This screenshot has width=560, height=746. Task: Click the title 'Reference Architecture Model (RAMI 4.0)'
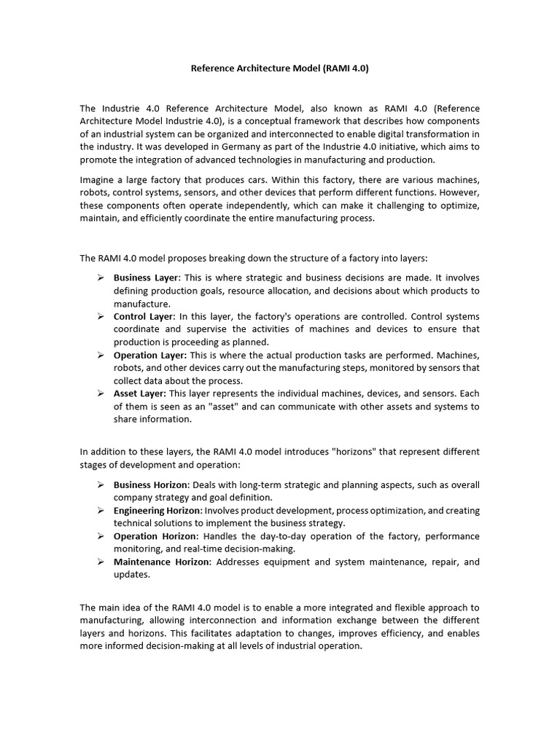280,69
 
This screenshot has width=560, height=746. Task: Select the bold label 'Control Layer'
144,317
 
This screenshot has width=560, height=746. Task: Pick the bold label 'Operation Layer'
150,356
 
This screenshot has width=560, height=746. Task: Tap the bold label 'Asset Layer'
139,394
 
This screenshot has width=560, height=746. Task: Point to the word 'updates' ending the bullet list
131,575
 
